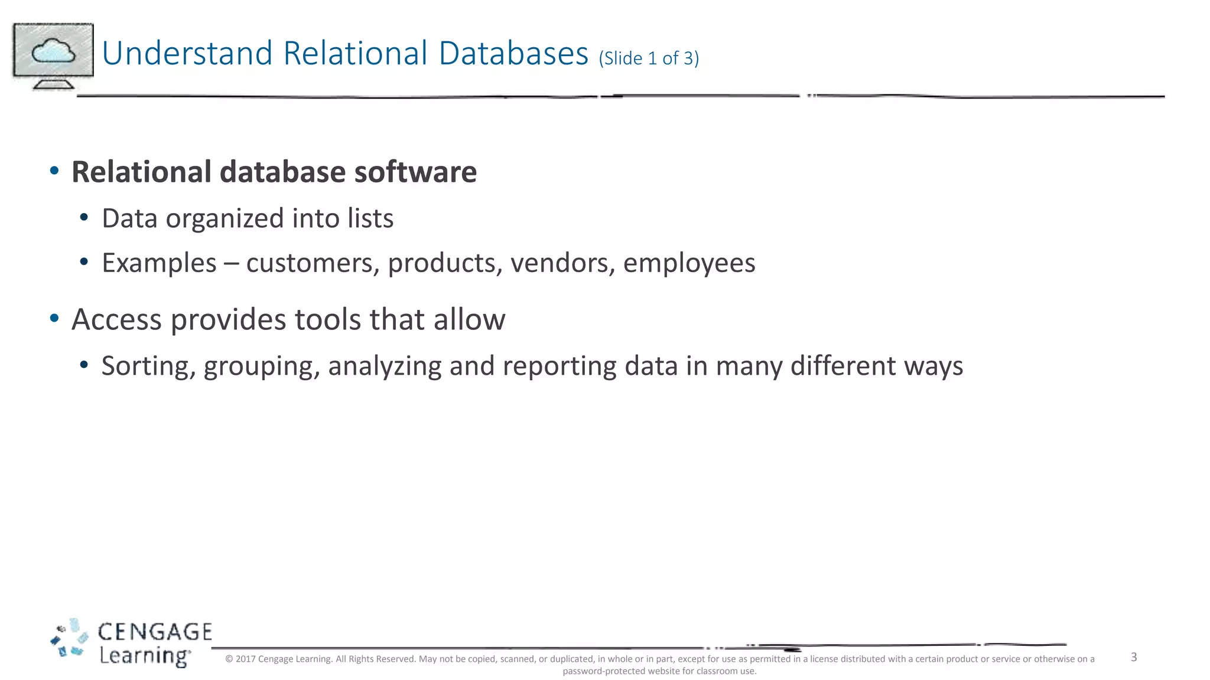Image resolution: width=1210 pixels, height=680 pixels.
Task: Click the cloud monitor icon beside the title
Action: [x=53, y=55]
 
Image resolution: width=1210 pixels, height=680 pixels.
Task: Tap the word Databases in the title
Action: [x=513, y=53]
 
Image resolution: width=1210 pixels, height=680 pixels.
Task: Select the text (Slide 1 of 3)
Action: [x=649, y=58]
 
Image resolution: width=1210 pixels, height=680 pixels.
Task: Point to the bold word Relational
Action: [x=141, y=172]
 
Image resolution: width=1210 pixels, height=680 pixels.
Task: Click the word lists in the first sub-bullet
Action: [x=370, y=218]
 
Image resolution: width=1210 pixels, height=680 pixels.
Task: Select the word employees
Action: [x=689, y=263]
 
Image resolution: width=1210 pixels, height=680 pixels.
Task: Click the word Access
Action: [x=116, y=320]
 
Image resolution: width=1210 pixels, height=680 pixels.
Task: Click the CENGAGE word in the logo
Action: [x=154, y=632]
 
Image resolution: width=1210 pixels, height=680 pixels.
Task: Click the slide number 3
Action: [x=1134, y=658]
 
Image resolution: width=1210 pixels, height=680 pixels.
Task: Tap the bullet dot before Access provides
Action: [x=54, y=319]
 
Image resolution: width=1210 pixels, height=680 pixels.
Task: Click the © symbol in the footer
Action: [x=229, y=659]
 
